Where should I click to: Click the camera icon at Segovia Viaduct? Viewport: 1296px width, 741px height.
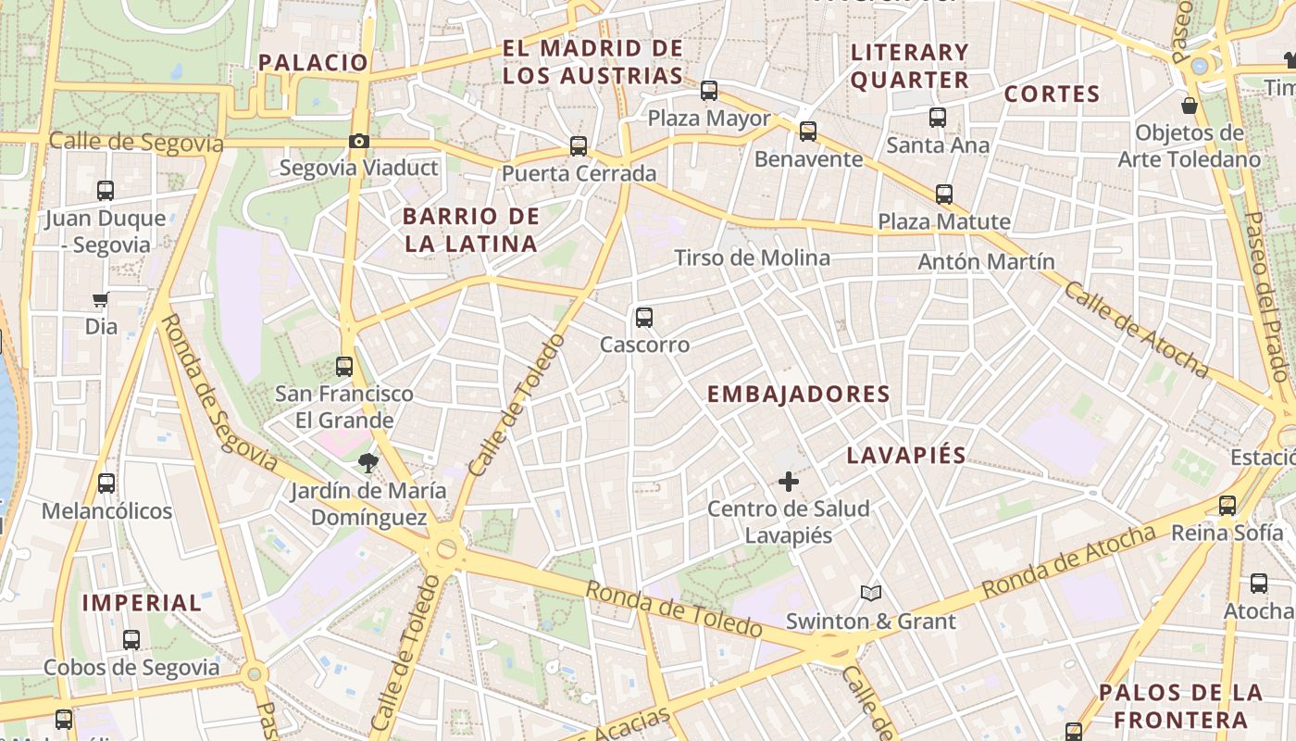[359, 142]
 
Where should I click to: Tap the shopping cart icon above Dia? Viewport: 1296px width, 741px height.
[101, 299]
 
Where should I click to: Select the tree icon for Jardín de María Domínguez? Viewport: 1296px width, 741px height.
[368, 463]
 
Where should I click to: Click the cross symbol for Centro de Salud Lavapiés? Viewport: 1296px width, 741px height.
[789, 482]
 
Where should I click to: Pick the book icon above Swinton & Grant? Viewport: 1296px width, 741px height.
[870, 593]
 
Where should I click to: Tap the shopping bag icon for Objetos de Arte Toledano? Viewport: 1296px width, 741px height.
[1190, 106]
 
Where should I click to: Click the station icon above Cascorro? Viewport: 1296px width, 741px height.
[644, 318]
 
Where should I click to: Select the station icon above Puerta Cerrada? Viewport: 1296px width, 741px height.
[579, 146]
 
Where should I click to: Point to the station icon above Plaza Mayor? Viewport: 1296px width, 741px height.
[709, 91]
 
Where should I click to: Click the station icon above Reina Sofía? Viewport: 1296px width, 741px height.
[1227, 506]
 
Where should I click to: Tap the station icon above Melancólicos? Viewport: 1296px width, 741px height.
[106, 484]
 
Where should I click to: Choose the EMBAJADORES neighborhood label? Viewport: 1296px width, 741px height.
[798, 395]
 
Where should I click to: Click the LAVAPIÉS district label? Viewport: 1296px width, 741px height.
[906, 456]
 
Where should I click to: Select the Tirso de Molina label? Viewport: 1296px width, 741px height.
[752, 258]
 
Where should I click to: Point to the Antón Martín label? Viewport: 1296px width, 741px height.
[986, 262]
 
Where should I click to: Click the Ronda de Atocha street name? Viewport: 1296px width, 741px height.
[1069, 561]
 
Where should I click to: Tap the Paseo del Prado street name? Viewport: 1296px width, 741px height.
[1267, 296]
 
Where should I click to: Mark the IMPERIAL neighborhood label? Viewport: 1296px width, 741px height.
[142, 603]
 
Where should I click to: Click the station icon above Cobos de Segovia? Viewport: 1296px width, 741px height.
[131, 640]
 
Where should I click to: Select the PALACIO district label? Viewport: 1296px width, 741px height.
[313, 63]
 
